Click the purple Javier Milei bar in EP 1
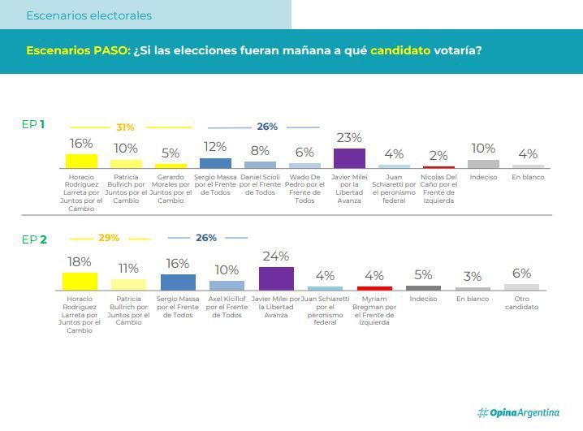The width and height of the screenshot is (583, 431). coord(349,157)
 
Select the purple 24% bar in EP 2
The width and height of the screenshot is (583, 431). coord(276,278)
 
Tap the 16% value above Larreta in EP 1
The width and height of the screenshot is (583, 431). coord(81,144)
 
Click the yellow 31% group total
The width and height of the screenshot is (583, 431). coord(125,127)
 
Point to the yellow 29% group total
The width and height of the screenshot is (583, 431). coord(109,238)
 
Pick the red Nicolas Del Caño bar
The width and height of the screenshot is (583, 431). coord(438,166)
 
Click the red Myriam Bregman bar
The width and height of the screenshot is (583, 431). coord(374,287)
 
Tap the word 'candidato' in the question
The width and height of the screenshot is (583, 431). coord(400,50)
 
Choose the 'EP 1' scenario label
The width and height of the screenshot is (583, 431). coord(33,124)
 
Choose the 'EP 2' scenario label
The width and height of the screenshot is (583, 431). coord(34,239)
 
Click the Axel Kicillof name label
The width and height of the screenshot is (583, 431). coord(227,307)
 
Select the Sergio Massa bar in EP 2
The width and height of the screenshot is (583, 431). coord(178,282)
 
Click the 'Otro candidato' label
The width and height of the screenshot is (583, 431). coord(521,303)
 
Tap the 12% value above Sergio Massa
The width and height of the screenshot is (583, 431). coord(214,147)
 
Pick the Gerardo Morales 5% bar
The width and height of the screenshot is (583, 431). coord(171,165)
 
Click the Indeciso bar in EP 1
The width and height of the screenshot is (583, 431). coord(483,163)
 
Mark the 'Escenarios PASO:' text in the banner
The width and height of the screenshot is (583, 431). coord(77,50)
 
